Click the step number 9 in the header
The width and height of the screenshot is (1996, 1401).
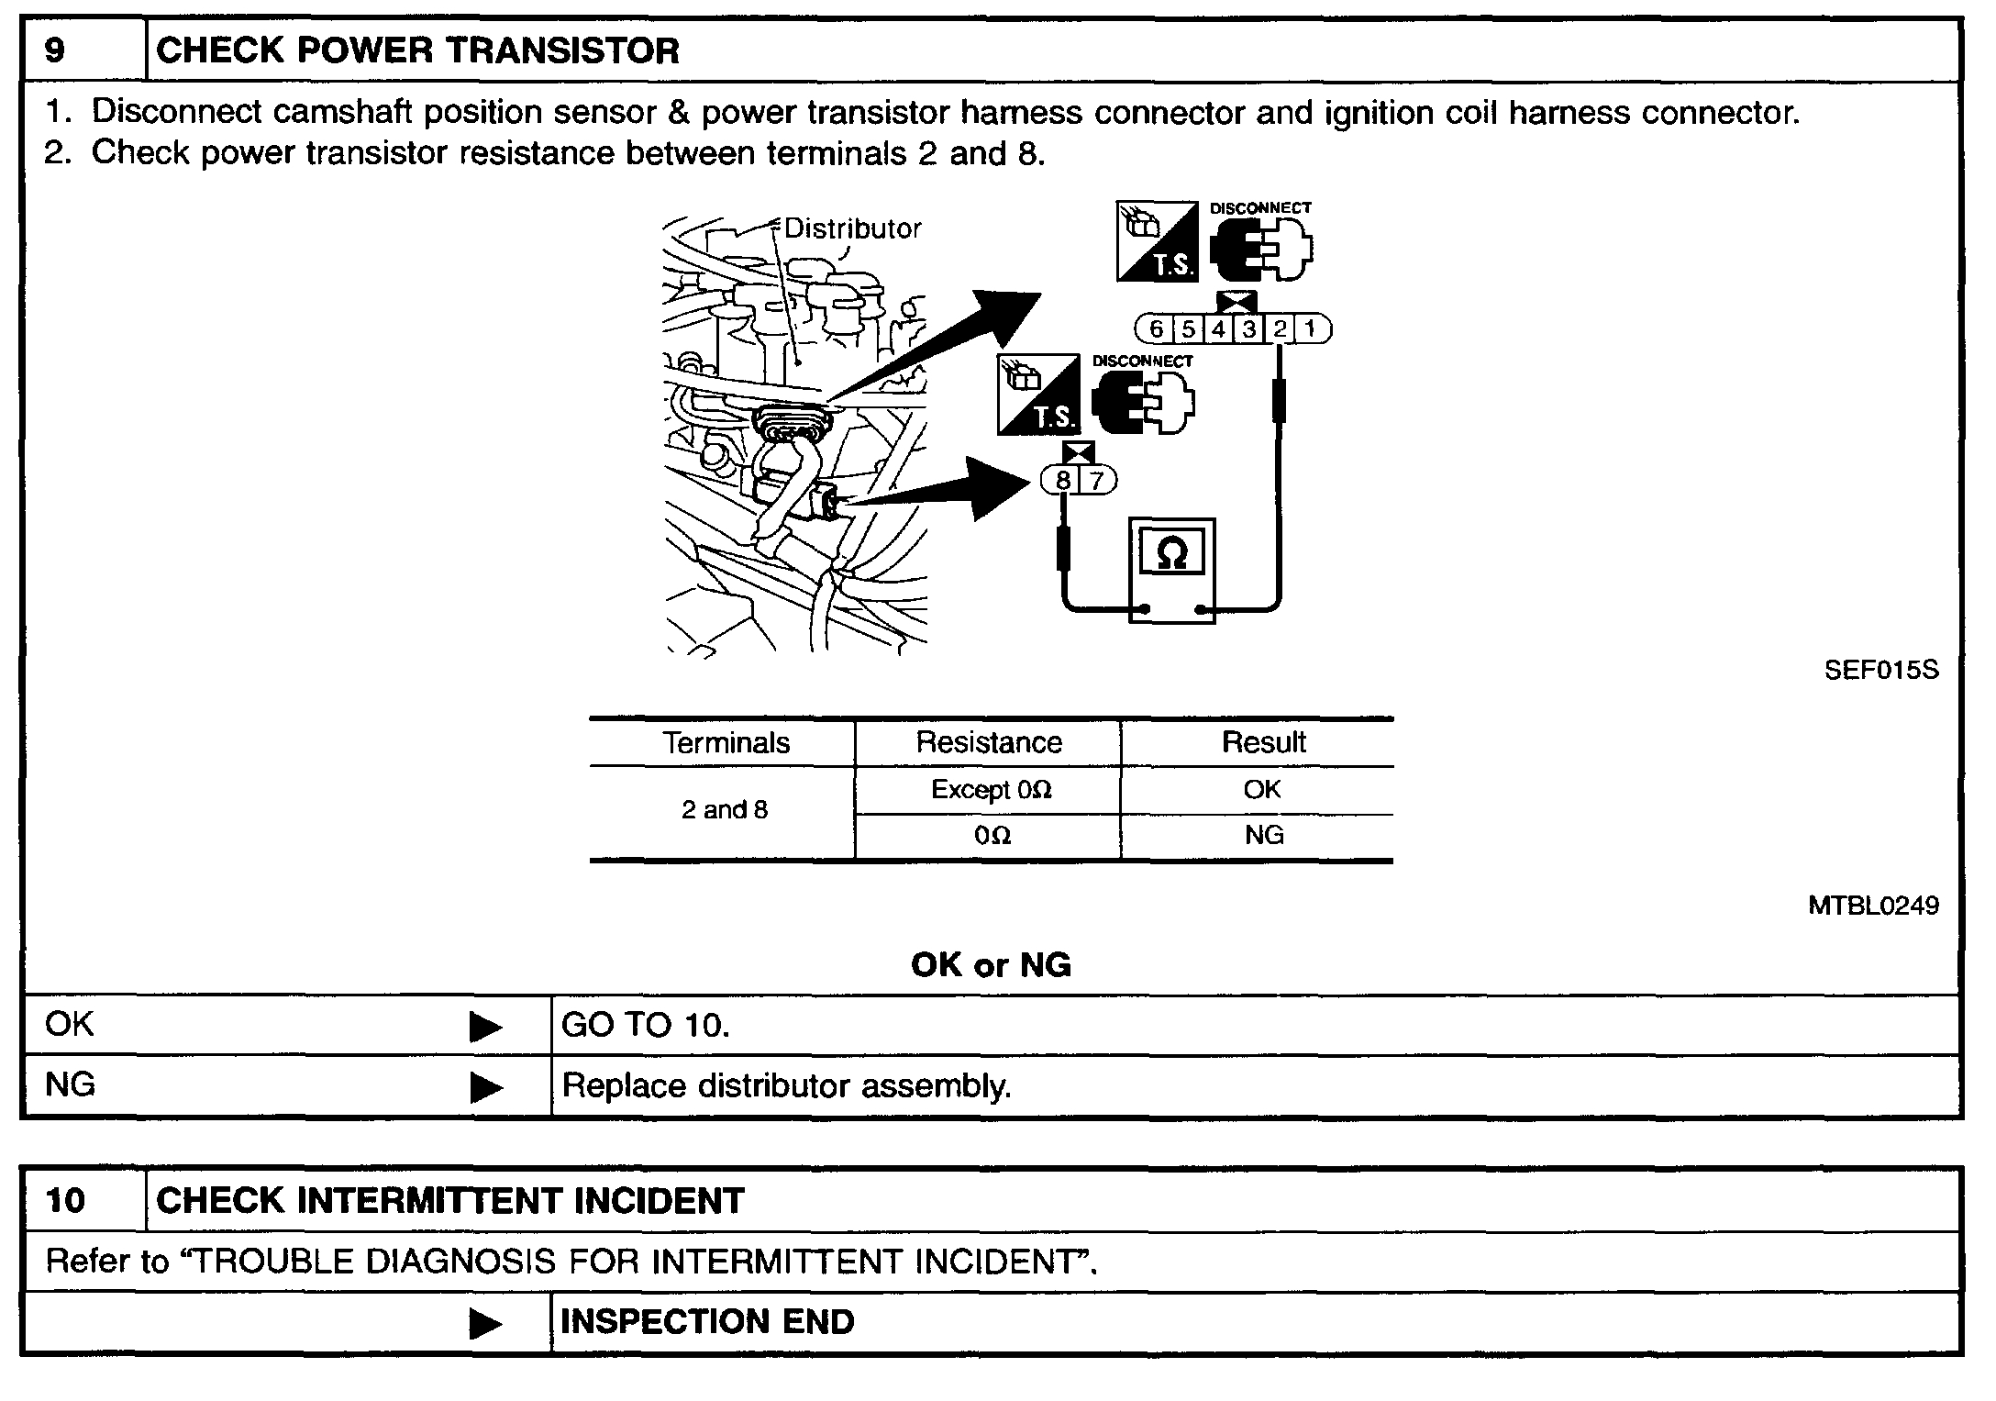pyautogui.click(x=55, y=50)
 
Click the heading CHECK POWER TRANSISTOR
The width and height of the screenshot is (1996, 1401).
pyautogui.click(x=417, y=50)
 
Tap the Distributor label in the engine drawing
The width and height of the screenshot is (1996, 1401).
pyautogui.click(x=852, y=228)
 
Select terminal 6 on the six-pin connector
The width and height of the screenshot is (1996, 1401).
pyautogui.click(x=1156, y=328)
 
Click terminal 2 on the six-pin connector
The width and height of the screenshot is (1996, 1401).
pyautogui.click(x=1281, y=328)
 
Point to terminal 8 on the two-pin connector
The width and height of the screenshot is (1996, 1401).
pyautogui.click(x=1063, y=480)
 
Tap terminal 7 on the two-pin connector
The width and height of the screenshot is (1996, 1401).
pyautogui.click(x=1095, y=480)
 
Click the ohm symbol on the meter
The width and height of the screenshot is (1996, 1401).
pyautogui.click(x=1172, y=553)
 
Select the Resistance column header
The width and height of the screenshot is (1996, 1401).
pyautogui.click(x=989, y=742)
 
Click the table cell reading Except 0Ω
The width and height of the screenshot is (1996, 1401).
pyautogui.click(x=991, y=790)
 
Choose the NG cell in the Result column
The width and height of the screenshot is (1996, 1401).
pyautogui.click(x=1263, y=835)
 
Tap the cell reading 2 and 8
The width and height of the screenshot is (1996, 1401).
pyautogui.click(x=724, y=809)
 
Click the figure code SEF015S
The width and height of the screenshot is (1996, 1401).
pyautogui.click(x=1881, y=671)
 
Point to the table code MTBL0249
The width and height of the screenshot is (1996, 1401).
pyautogui.click(x=1873, y=906)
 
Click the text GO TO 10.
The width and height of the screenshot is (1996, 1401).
pyautogui.click(x=646, y=1025)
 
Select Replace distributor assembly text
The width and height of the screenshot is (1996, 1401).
pyautogui.click(x=786, y=1086)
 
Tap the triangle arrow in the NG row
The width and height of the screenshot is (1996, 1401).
pyautogui.click(x=485, y=1088)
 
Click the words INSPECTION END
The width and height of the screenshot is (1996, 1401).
pyautogui.click(x=707, y=1322)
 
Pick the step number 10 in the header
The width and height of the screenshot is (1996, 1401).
pyautogui.click(x=65, y=1201)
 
